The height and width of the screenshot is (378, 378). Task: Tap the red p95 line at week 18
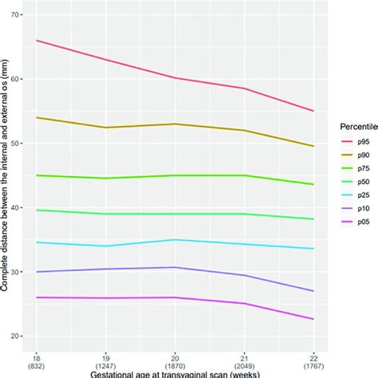[37, 41]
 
